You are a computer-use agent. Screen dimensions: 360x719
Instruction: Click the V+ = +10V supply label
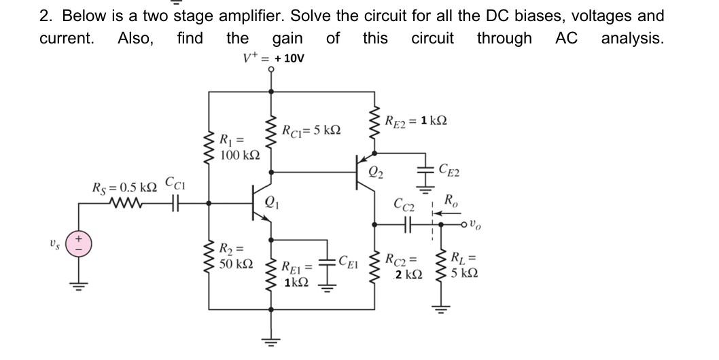tap(274, 58)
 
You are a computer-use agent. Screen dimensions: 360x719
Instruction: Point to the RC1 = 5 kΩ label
tap(311, 129)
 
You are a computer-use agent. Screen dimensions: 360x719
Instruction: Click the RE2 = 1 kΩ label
tap(415, 121)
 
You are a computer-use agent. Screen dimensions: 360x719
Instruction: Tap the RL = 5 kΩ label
tap(463, 266)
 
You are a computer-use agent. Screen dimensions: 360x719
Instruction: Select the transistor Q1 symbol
tap(262, 202)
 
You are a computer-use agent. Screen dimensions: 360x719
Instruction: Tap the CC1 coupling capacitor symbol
tap(173, 202)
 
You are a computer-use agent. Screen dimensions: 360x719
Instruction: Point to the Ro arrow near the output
tap(445, 213)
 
